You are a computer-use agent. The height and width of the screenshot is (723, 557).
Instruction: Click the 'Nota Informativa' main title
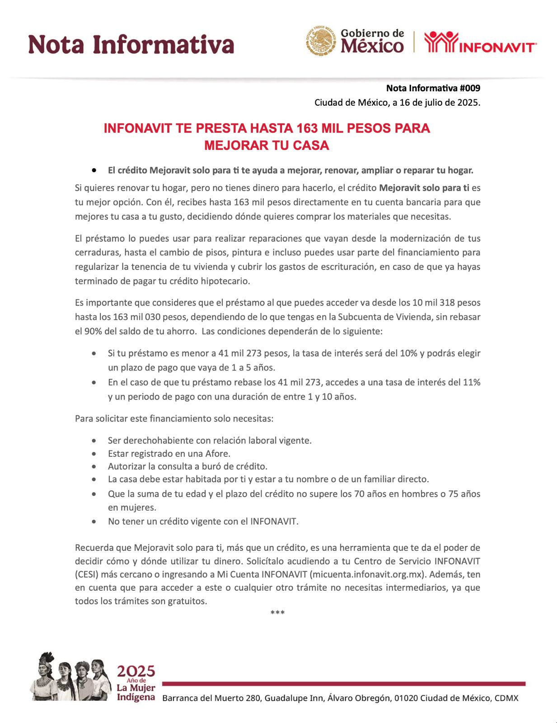tap(131, 45)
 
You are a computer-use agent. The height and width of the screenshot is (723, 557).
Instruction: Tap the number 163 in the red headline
tap(307, 128)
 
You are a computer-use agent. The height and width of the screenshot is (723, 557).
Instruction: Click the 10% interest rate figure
tap(408, 353)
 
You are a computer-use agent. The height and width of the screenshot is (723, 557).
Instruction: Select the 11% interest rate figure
tap(472, 382)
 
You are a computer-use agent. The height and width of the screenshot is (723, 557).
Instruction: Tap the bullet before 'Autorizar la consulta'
tap(94, 467)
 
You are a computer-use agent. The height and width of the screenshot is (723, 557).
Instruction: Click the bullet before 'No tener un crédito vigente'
tap(94, 522)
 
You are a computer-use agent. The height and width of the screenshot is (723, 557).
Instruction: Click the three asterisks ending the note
tap(277, 613)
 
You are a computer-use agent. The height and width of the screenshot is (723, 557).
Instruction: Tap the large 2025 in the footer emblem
tap(136, 671)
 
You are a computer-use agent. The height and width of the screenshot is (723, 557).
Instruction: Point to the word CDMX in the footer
tap(506, 698)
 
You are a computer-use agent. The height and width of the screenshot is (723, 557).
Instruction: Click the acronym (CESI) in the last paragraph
tap(87, 575)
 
